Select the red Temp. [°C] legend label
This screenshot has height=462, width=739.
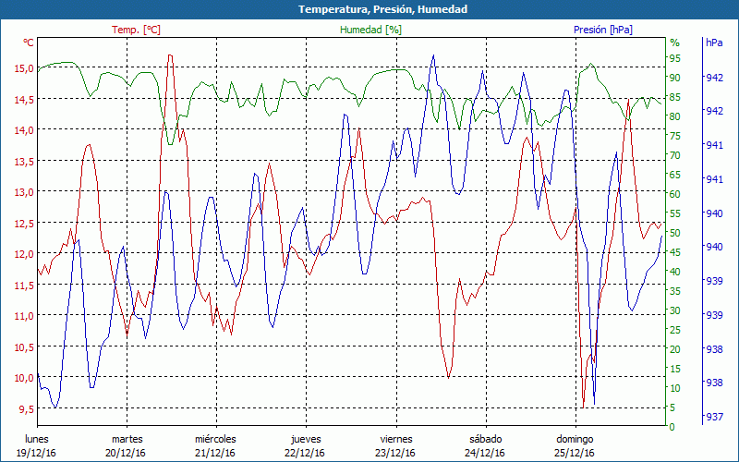coord(136,30)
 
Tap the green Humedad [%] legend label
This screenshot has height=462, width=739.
coord(371,30)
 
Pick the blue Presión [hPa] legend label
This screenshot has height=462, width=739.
coord(602,30)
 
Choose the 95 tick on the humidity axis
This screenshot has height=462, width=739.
coord(674,58)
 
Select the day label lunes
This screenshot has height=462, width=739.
coord(37,439)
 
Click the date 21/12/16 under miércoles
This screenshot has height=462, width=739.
coord(215,453)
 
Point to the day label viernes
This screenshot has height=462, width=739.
coord(396,439)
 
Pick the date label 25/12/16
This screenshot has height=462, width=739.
coord(575,453)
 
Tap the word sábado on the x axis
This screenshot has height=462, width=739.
coord(486,439)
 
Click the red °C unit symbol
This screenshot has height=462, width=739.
coord(29,43)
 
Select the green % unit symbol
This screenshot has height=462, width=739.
coord(674,43)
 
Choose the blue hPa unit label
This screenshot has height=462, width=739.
coord(714,43)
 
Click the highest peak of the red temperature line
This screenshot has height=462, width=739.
coord(170,55)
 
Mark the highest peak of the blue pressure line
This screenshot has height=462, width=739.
coord(433,55)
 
